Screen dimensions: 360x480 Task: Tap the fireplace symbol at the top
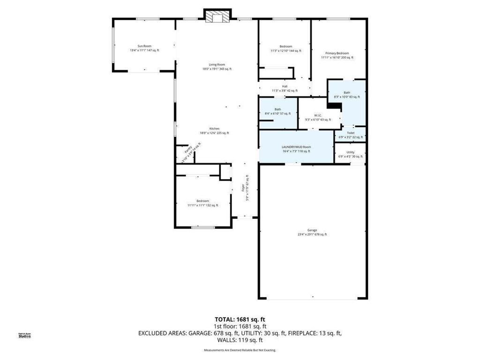click(217, 17)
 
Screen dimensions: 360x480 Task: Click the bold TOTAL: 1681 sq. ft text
click(240, 320)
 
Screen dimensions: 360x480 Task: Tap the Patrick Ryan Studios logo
click(24, 335)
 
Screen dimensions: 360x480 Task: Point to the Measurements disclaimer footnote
click(240, 350)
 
